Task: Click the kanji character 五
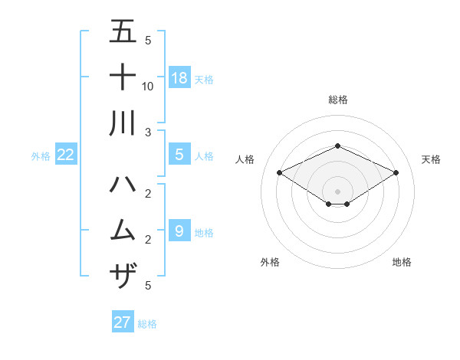click(123, 32)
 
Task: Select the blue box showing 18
click(179, 77)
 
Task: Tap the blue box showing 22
click(66, 155)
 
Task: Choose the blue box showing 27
click(123, 322)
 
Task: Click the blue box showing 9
click(179, 231)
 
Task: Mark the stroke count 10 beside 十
click(148, 86)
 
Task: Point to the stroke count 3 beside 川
click(148, 132)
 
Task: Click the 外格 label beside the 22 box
click(41, 156)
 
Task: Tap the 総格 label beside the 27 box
click(147, 323)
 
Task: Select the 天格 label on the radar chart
click(431, 159)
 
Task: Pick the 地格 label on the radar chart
click(402, 262)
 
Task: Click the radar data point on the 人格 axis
click(280, 172)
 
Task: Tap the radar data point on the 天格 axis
click(396, 172)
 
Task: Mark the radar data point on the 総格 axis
click(337, 146)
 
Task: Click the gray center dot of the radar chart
click(337, 191)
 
